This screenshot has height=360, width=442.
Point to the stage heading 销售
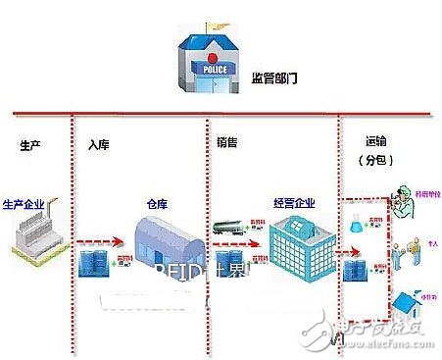coord(226,141)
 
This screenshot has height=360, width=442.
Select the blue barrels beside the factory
coord(96,260)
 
